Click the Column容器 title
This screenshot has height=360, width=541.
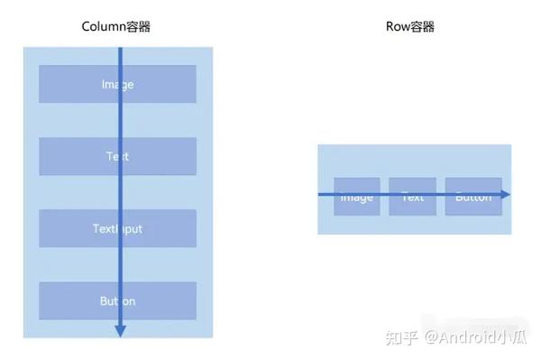coord(117,27)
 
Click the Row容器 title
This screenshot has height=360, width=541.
coord(409,27)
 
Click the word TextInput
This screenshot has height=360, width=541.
coord(117,229)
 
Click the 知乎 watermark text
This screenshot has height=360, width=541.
coord(400,337)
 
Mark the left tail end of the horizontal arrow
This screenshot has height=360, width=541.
coord(319,194)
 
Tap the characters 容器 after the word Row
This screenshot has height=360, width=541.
coord(422,27)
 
